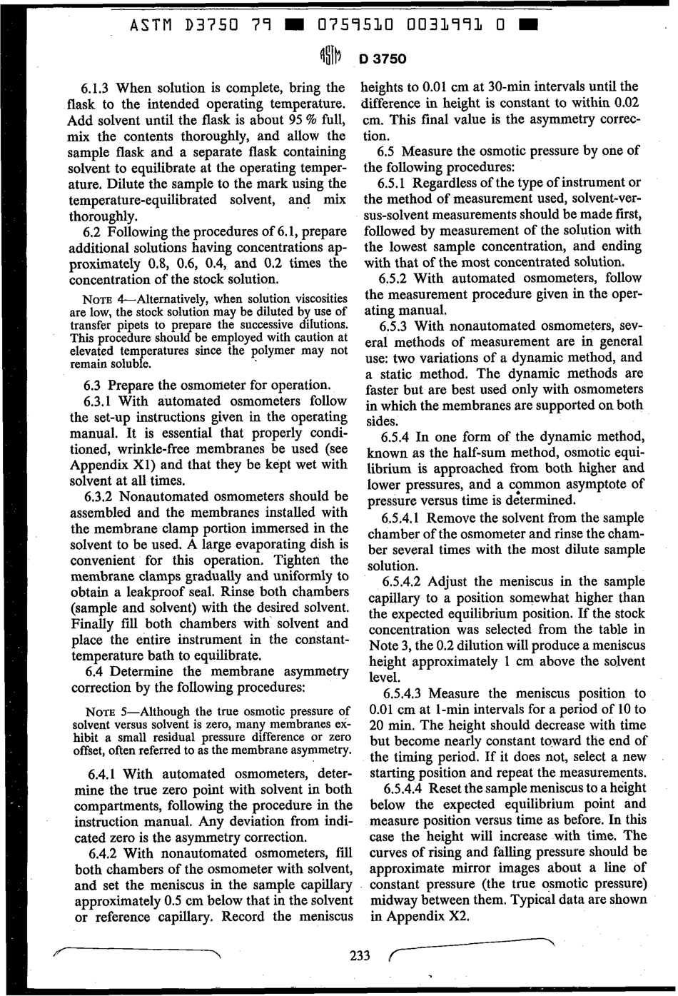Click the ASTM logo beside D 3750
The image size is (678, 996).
pyautogui.click(x=330, y=59)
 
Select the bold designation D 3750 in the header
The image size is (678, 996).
pyautogui.click(x=383, y=59)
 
